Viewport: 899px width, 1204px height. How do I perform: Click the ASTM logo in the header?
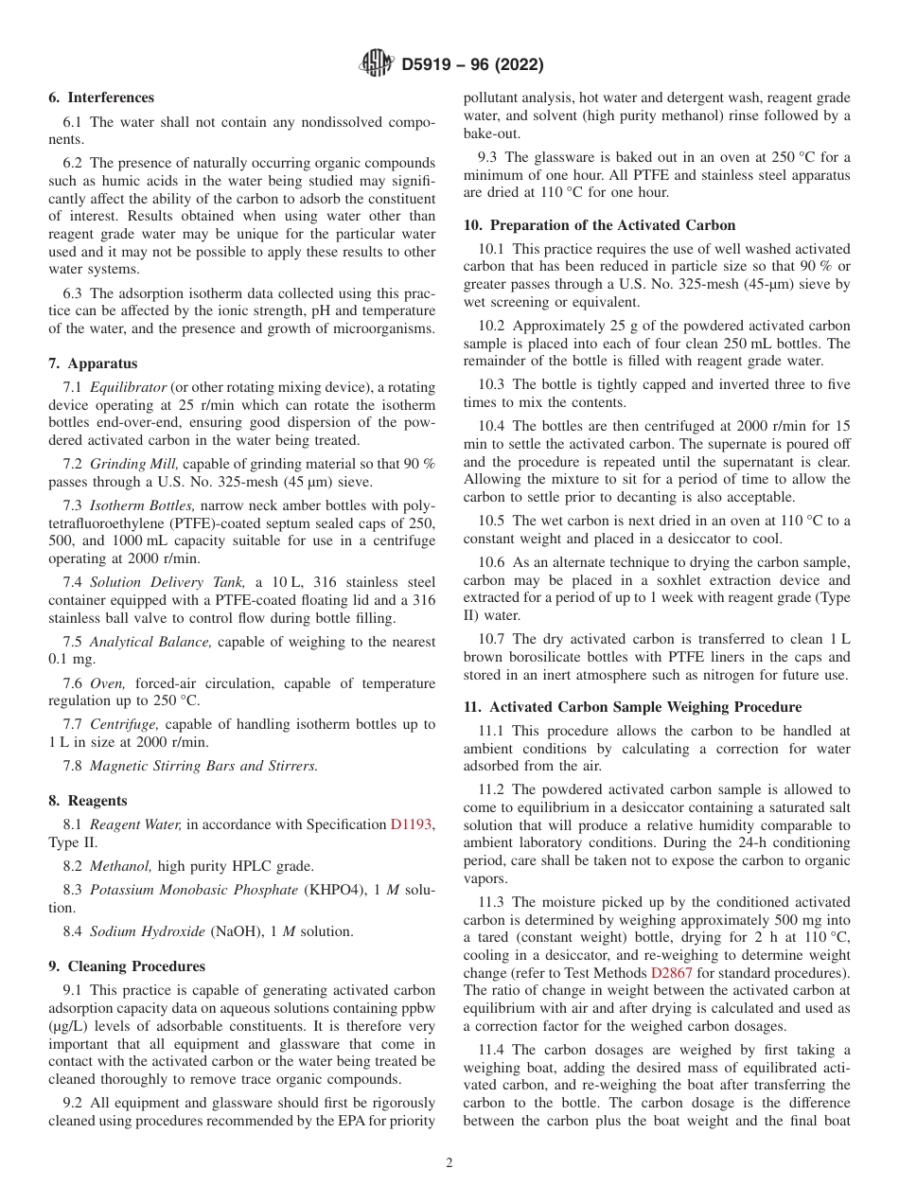pos(377,64)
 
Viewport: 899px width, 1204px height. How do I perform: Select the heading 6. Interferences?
pos(101,97)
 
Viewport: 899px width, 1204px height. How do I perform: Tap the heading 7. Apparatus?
pos(93,363)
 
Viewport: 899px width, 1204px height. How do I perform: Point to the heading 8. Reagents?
pos(88,801)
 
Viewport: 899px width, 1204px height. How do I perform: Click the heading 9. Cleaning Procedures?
pos(127,966)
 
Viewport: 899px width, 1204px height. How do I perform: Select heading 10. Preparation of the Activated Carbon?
pos(599,225)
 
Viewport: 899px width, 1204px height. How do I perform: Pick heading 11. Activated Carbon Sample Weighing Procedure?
pos(632,707)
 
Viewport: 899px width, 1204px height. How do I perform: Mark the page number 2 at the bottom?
pos(449,1164)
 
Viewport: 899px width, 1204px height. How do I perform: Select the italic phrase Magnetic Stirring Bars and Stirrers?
pos(203,766)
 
